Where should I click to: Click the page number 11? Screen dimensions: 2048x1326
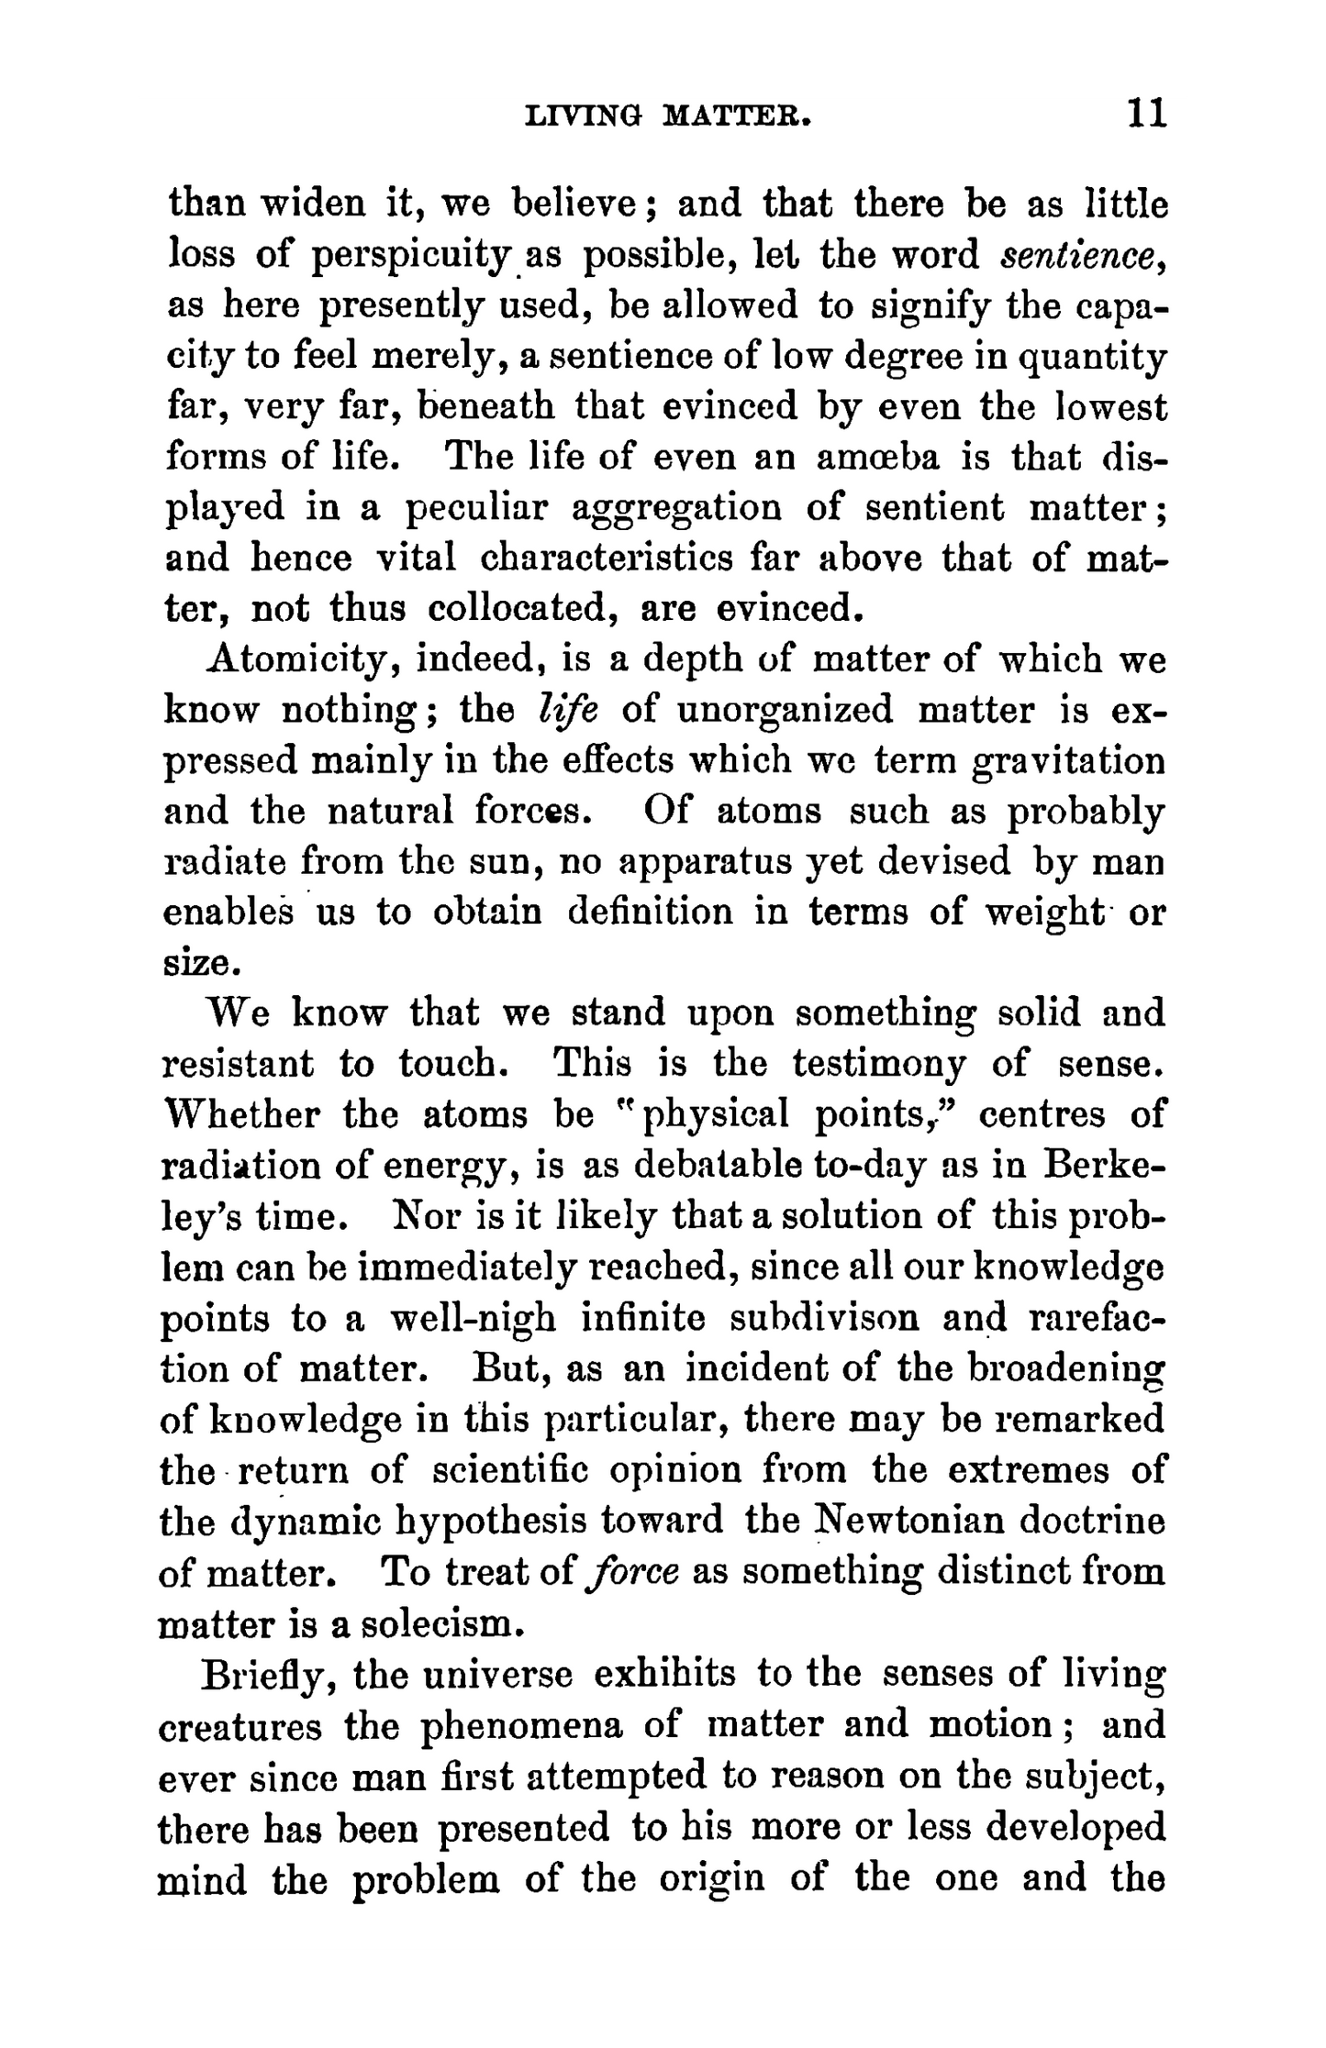coord(1145,115)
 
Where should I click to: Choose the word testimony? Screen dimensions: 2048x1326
coord(878,1064)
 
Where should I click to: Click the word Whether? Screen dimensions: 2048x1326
coord(241,1115)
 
